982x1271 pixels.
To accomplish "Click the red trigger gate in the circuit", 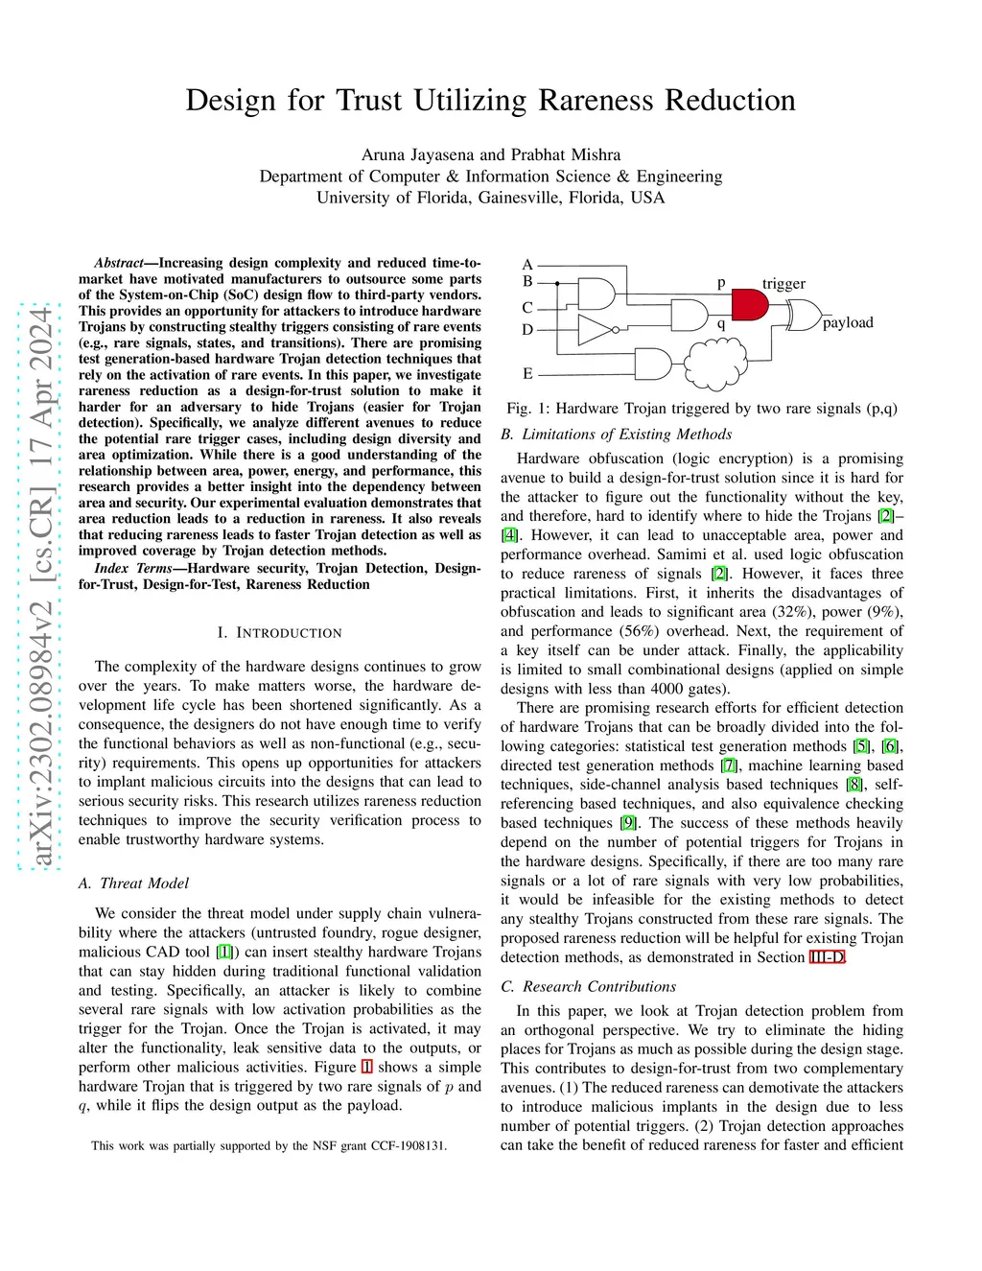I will tap(749, 305).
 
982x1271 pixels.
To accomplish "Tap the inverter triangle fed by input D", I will tap(596, 331).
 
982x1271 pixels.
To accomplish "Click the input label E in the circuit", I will tap(527, 373).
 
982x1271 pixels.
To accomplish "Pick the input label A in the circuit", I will tap(527, 265).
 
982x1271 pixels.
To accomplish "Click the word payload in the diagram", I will tap(848, 322).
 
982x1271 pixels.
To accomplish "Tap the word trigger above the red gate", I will tap(783, 284).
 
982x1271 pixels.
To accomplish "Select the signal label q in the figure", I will tap(721, 323).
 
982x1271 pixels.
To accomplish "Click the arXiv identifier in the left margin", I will tap(40, 585).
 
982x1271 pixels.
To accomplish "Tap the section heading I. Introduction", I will tap(279, 633).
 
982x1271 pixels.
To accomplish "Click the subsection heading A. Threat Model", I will tap(133, 883).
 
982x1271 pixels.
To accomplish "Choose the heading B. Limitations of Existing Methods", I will tap(616, 434).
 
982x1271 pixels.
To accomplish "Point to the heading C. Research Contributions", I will tap(588, 986).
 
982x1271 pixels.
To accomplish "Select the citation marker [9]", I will tap(628, 823).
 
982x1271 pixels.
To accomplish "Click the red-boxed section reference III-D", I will tap(827, 957).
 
